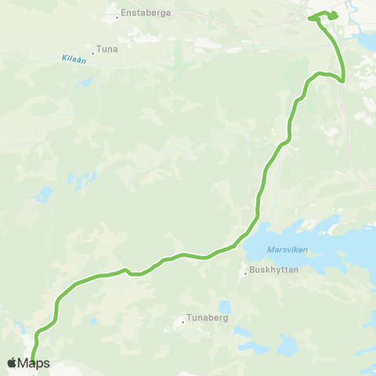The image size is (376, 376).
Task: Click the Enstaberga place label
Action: [x=141, y=14]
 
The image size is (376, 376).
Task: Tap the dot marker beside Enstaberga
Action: [x=117, y=15]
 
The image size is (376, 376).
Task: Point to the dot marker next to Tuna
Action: [x=93, y=53]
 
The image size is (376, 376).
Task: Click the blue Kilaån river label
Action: [x=72, y=59]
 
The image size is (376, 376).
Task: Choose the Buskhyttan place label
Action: [x=269, y=273]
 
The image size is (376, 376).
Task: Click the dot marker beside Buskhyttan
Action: [x=244, y=273]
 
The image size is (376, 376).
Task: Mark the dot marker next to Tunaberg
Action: [x=183, y=320]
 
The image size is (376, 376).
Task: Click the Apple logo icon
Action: [x=12, y=363]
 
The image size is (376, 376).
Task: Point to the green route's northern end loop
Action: [x=324, y=16]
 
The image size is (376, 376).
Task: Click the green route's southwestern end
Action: [x=33, y=362]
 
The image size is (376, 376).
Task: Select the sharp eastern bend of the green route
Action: [x=342, y=78]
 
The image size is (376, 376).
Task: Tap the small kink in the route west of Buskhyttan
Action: [x=126, y=271]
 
